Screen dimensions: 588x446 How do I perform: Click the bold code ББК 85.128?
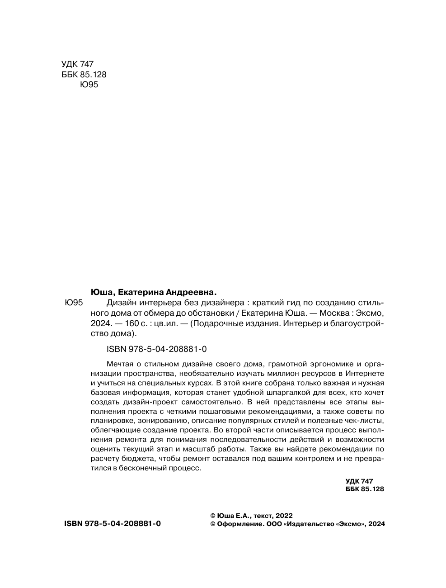pyautogui.click(x=364, y=489)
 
